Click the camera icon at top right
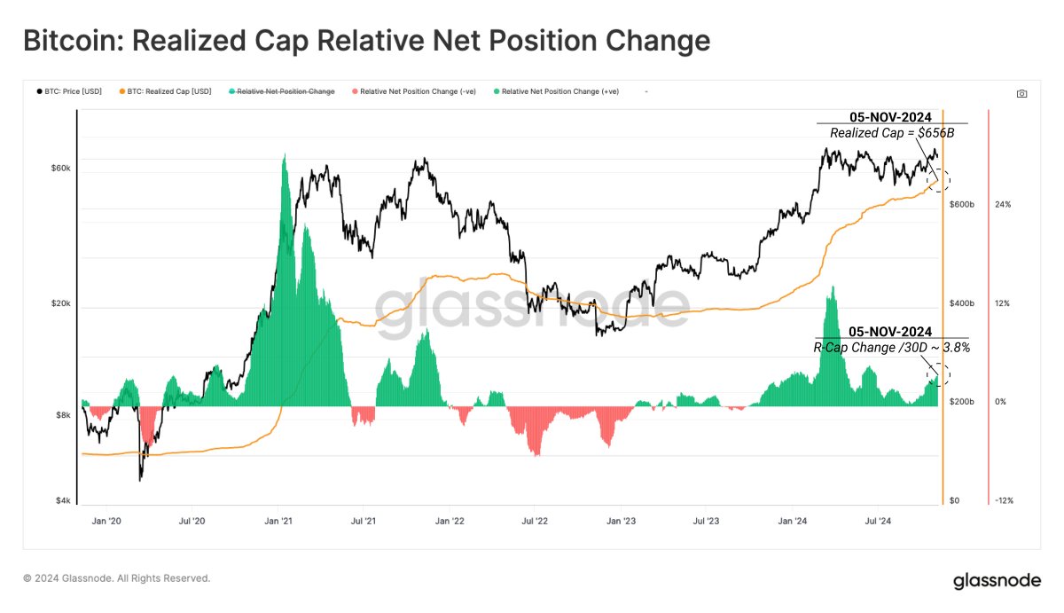click(1021, 93)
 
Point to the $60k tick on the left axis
click(59, 168)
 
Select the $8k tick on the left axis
click(62, 415)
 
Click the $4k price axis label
click(62, 501)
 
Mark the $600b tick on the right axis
click(962, 205)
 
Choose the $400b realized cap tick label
click(962, 303)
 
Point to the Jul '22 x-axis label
click(534, 522)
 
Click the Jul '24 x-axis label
click(877, 522)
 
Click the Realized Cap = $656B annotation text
click(891, 133)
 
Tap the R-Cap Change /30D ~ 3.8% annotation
click(891, 348)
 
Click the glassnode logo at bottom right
click(997, 581)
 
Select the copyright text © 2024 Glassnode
click(116, 578)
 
